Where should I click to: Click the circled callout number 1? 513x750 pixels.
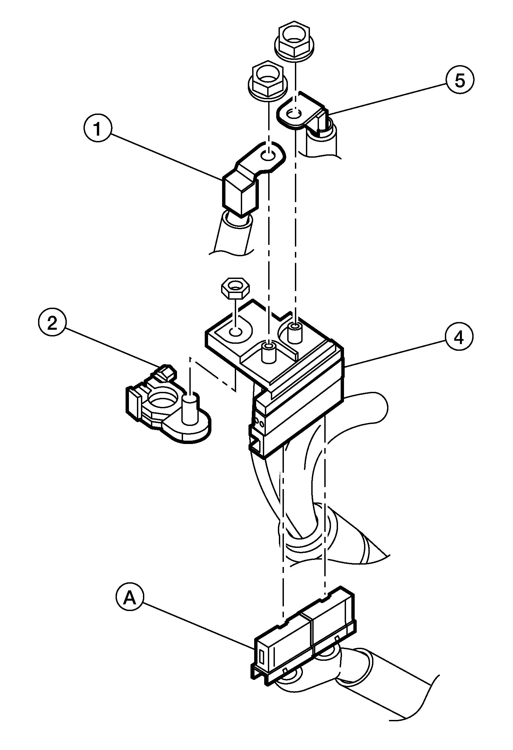(97, 130)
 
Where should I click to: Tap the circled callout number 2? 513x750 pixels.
(52, 324)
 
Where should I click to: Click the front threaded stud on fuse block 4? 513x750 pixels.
(268, 352)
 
